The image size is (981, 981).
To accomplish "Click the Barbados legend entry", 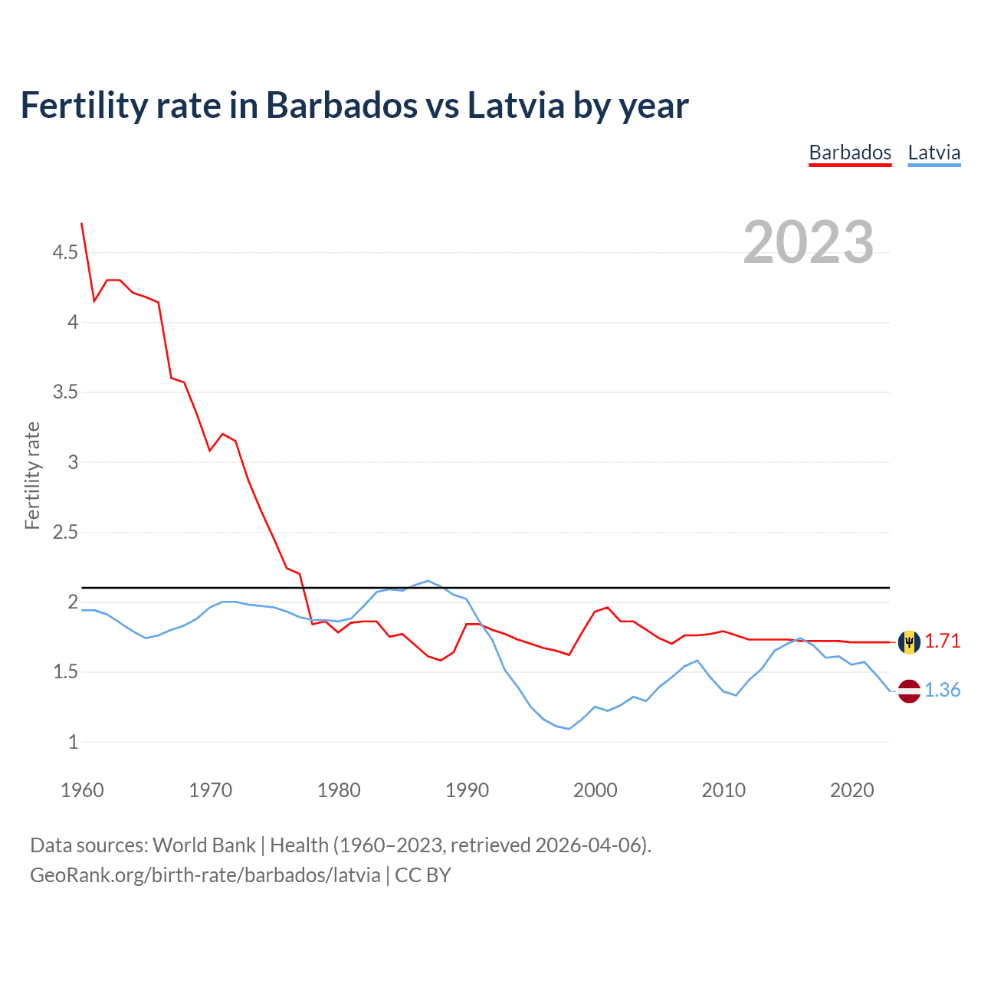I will tap(850, 153).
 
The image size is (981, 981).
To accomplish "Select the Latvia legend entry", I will tap(933, 153).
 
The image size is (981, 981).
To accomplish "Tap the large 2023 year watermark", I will tap(808, 242).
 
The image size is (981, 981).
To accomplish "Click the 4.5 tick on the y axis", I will tap(65, 252).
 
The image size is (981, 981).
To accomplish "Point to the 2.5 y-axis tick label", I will tap(65, 532).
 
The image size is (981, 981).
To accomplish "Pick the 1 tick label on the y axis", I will tap(73, 742).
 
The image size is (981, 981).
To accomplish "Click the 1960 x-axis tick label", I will tap(82, 790).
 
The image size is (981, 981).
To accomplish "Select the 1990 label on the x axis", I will tap(467, 790).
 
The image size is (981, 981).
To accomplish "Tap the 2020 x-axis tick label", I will tap(851, 790).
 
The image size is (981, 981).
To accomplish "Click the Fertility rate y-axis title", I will tap(32, 475).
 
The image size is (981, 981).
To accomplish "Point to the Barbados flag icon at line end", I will tap(909, 641).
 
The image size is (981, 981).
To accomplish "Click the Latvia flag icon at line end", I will tap(909, 691).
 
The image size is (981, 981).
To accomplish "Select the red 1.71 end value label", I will tap(942, 641).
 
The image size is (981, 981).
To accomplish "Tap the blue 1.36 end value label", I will tap(942, 691).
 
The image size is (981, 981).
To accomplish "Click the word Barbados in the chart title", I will tap(342, 105).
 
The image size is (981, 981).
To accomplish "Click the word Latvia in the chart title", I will tap(516, 105).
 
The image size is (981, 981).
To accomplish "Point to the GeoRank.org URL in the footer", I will tap(205, 874).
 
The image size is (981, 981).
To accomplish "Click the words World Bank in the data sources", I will tap(204, 845).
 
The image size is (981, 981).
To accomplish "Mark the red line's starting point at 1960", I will tap(82, 223).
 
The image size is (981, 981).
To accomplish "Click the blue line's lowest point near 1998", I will tap(569, 729).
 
